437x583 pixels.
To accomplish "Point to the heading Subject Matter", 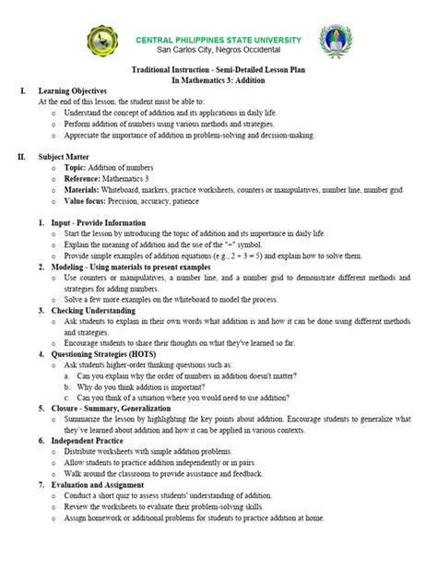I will pos(65,157).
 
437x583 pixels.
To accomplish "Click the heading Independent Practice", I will pos(89,441).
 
